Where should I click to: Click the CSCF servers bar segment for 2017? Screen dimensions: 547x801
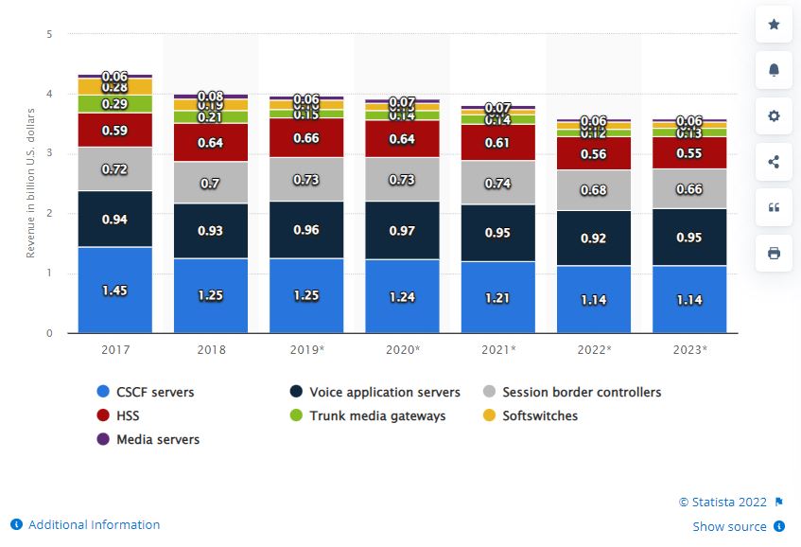coord(115,290)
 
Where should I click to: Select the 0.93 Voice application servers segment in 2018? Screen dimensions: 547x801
coord(210,231)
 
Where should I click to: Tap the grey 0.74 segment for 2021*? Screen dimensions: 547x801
coord(497,183)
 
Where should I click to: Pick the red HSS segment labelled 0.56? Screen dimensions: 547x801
coord(593,154)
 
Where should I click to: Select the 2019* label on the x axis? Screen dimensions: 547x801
coord(305,349)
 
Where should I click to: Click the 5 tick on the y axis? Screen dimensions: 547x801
coord(48,35)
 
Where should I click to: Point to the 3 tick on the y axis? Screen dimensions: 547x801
coord(48,154)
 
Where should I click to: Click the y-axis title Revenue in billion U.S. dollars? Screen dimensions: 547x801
coord(30,185)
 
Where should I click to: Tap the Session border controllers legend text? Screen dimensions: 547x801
coord(582,392)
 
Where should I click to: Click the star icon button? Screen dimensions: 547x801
coord(774,25)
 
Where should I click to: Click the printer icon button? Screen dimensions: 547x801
coord(774,254)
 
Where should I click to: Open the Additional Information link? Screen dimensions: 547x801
coord(94,524)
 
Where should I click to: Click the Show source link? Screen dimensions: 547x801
coord(730,526)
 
